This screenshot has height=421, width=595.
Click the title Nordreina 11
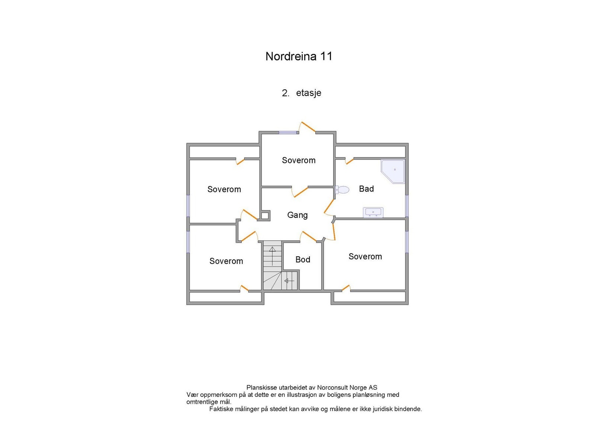[299, 56]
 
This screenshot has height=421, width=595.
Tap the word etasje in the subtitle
[308, 93]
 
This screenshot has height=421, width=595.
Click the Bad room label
[366, 189]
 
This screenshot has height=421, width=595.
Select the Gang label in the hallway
[297, 215]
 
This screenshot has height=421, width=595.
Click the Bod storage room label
[303, 260]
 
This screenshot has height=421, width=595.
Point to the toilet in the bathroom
[342, 190]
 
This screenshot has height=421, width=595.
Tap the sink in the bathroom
[373, 212]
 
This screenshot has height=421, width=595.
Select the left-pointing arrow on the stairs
[289, 281]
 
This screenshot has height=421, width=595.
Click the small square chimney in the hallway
[265, 215]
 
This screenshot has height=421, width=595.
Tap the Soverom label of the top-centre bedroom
[299, 160]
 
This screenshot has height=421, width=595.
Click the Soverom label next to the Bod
[365, 257]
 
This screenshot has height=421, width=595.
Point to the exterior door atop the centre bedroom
[308, 127]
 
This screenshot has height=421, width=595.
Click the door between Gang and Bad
[329, 206]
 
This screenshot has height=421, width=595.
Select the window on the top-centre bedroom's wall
[288, 132]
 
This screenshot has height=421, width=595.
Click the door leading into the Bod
[309, 236]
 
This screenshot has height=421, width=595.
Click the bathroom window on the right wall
[407, 206]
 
